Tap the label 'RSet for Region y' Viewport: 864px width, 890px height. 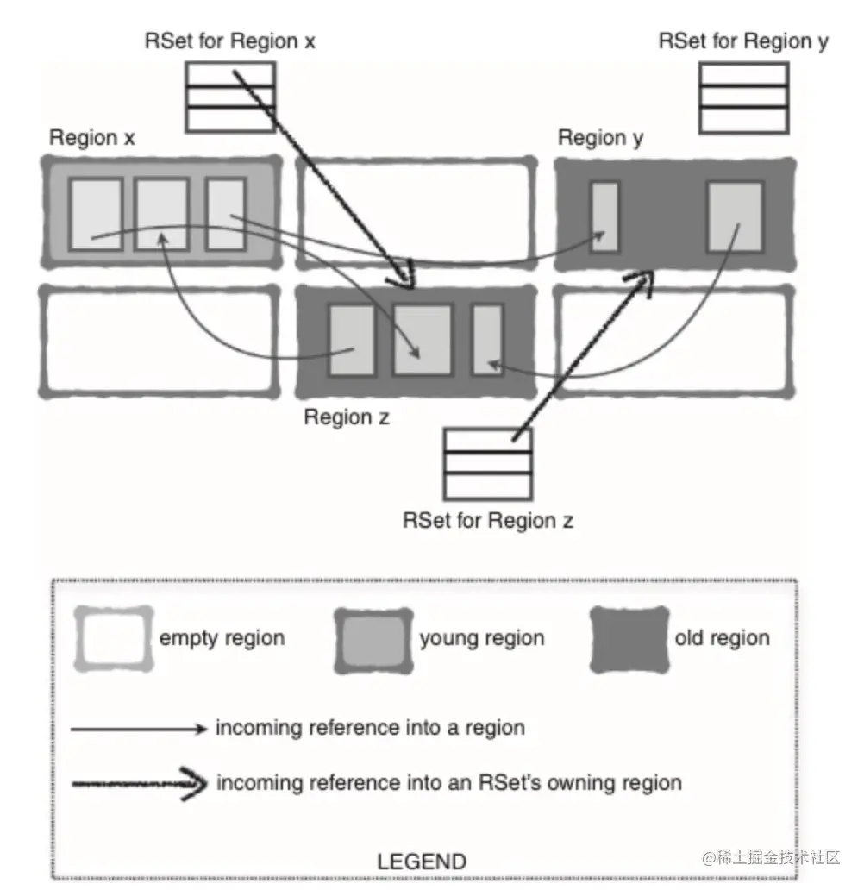point(743,41)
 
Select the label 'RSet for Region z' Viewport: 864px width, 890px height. point(488,520)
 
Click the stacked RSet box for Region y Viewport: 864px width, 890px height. point(743,97)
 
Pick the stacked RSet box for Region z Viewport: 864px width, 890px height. point(487,464)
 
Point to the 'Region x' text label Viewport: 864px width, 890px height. point(92,138)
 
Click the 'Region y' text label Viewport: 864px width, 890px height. point(600,138)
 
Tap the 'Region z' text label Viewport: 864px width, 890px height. point(347,417)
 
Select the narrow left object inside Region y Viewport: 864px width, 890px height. point(604,216)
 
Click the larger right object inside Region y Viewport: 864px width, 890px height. point(736,216)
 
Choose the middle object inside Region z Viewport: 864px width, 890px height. point(423,340)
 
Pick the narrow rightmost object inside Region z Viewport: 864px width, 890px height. point(488,340)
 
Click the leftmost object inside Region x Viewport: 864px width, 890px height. point(96,215)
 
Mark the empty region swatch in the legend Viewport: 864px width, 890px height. point(113,639)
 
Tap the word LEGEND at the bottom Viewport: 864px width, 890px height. point(422,861)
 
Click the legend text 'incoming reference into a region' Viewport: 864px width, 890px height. point(370,728)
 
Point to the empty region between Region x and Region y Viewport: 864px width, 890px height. point(416,211)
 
